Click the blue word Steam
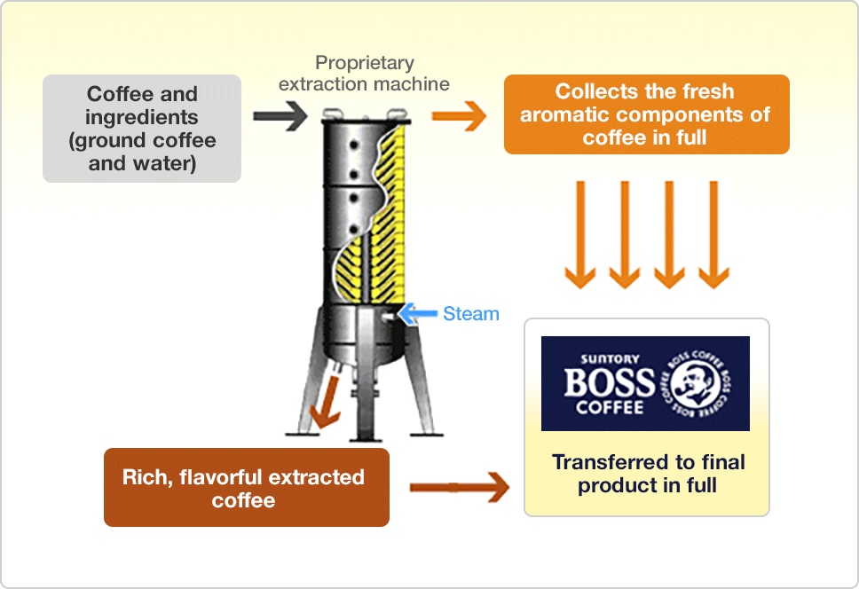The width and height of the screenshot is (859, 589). click(x=471, y=314)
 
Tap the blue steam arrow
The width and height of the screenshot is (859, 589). click(x=417, y=314)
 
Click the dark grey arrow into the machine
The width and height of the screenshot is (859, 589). click(x=280, y=116)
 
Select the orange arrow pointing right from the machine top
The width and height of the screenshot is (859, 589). click(x=459, y=116)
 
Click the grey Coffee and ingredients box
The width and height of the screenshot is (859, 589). click(x=142, y=129)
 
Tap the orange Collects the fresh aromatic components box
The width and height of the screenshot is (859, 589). click(x=646, y=114)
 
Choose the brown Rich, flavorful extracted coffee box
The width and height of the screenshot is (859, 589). click(x=247, y=487)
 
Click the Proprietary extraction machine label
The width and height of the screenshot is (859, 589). click(x=365, y=74)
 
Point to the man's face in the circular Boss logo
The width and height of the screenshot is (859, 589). click(x=695, y=384)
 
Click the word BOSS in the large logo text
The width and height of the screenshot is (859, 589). click(x=609, y=382)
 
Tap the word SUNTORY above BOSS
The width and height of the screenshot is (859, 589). click(x=610, y=359)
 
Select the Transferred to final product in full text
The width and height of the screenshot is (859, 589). click(x=648, y=474)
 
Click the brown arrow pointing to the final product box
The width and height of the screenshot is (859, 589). click(x=459, y=487)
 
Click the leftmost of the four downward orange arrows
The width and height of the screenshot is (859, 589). click(x=580, y=235)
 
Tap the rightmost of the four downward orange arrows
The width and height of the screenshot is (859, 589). click(x=713, y=235)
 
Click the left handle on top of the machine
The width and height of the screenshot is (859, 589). click(x=333, y=114)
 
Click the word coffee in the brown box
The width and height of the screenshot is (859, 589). click(x=244, y=500)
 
